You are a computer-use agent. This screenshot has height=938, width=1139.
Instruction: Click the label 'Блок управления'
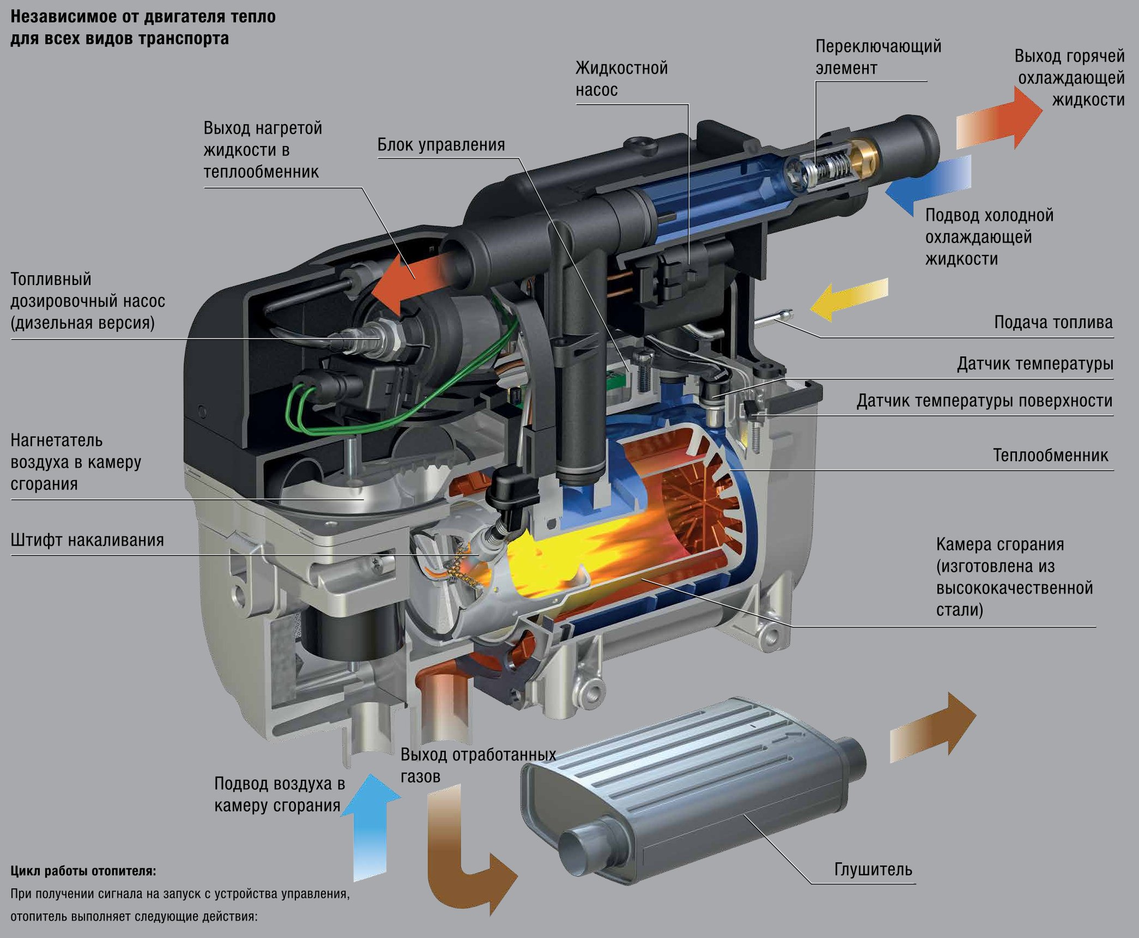(x=441, y=145)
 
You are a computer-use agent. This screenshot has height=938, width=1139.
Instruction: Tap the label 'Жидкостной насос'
(x=621, y=79)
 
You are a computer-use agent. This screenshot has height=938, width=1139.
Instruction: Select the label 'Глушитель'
(x=873, y=869)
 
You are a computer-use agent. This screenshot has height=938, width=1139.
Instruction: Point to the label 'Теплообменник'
(x=1050, y=455)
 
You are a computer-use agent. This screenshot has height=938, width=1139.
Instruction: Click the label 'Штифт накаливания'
(x=87, y=540)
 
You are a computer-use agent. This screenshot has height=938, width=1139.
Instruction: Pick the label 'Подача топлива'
(x=1053, y=322)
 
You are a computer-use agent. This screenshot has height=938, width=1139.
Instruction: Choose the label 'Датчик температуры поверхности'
(x=984, y=401)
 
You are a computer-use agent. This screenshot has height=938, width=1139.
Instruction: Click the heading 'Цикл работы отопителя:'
(x=83, y=871)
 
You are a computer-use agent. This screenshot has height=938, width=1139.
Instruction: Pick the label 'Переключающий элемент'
(x=878, y=57)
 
